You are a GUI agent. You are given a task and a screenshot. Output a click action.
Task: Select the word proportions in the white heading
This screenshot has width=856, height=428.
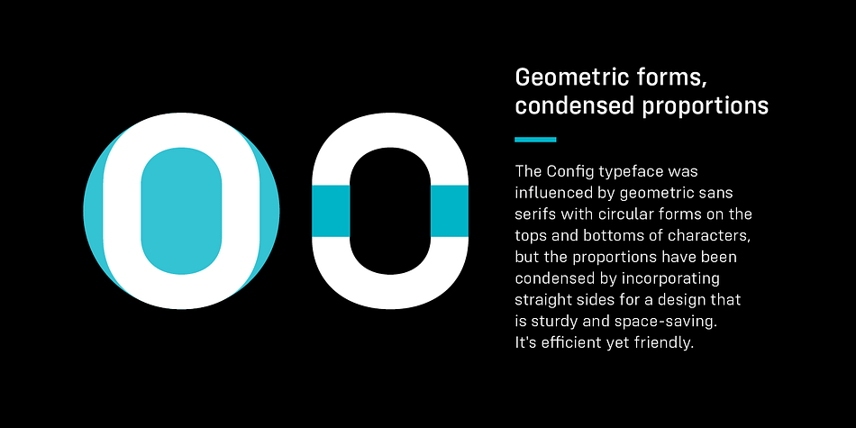(x=706, y=106)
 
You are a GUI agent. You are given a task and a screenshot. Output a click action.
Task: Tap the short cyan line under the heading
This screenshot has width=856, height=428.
(x=535, y=139)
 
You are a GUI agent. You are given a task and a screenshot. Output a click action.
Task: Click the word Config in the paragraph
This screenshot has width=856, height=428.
(x=570, y=172)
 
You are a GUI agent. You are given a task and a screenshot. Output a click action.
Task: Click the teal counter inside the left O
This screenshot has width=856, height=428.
(x=181, y=211)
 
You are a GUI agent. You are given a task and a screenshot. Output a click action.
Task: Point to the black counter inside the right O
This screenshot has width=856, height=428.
(x=390, y=211)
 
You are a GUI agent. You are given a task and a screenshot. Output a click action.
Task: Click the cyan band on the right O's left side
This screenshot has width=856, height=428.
(x=331, y=211)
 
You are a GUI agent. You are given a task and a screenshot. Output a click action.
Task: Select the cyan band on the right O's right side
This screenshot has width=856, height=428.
(x=450, y=211)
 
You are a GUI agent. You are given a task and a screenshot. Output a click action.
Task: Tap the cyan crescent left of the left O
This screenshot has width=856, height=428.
(x=93, y=211)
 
